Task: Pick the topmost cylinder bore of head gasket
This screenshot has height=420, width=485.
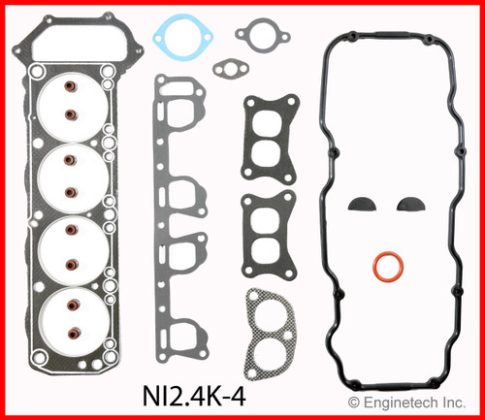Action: (x=71, y=101)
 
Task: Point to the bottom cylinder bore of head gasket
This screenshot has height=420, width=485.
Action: (x=71, y=316)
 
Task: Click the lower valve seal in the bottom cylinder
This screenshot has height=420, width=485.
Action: (x=69, y=332)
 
